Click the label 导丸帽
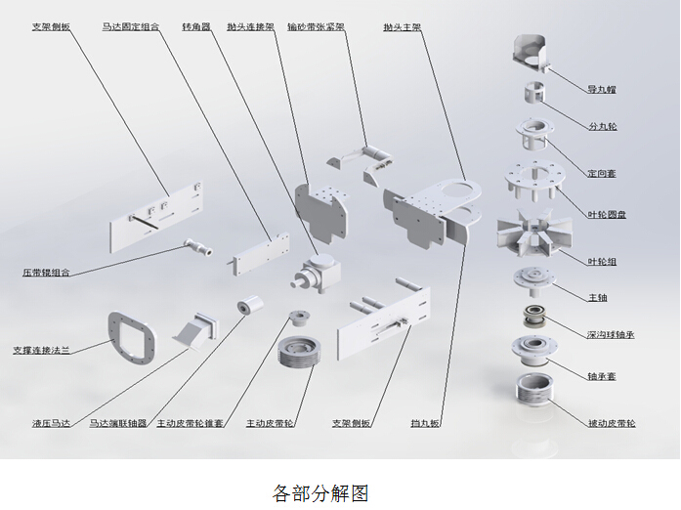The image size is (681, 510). pyautogui.click(x=602, y=90)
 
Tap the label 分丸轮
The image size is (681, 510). pyautogui.click(x=602, y=127)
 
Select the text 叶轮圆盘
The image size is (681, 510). pyautogui.click(x=607, y=214)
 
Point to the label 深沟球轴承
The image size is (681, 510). pyautogui.click(x=612, y=334)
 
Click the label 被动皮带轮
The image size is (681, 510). pyautogui.click(x=612, y=423)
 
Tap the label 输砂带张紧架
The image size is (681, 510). pyautogui.click(x=316, y=28)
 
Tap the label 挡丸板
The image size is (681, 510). pyautogui.click(x=425, y=423)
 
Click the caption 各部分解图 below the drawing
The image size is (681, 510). pyautogui.click(x=319, y=492)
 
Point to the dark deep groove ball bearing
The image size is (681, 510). pyautogui.click(x=536, y=318)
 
